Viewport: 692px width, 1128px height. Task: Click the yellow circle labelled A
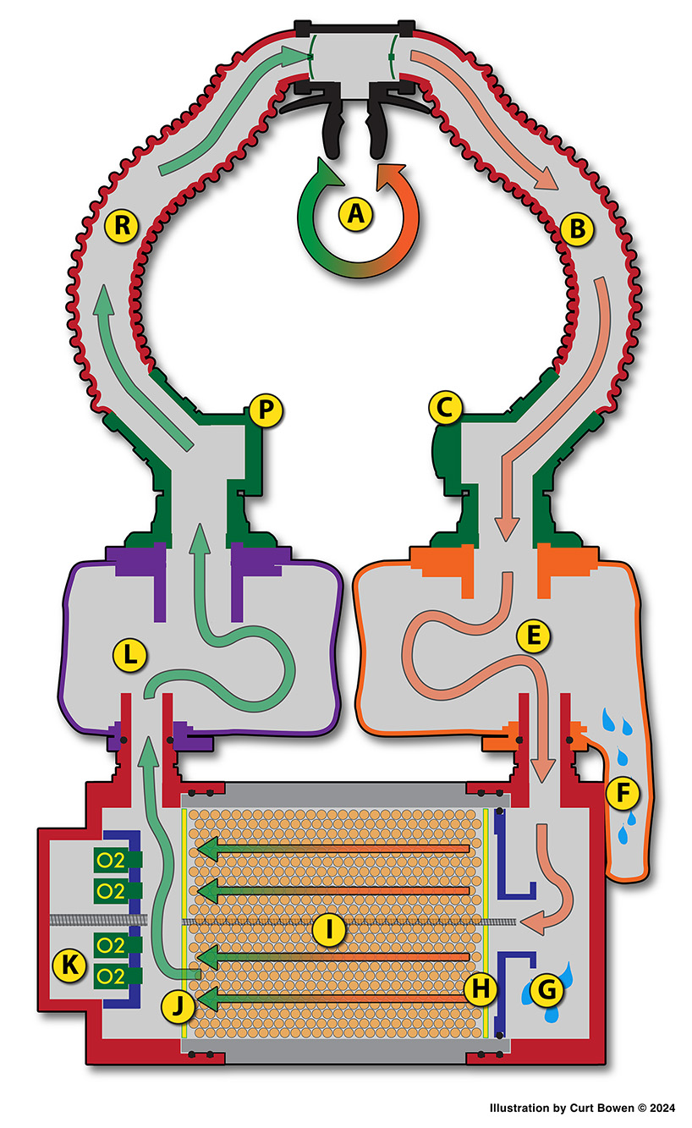pyautogui.click(x=356, y=215)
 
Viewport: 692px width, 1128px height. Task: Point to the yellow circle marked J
pyautogui.click(x=178, y=1006)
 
